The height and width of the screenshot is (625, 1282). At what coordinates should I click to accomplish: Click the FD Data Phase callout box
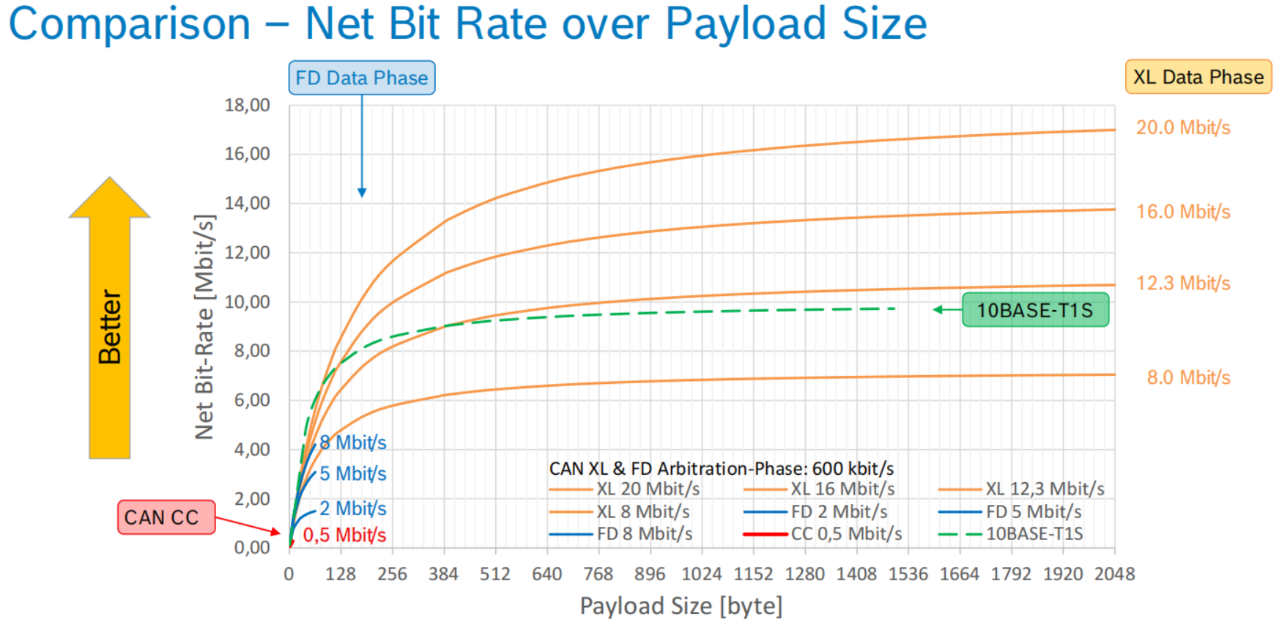pos(362,78)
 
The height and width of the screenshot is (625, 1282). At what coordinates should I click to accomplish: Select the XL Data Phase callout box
pos(1198,77)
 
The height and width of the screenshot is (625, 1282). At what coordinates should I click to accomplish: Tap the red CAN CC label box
pos(166,517)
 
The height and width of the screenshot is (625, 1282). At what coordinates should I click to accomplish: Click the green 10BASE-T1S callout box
pos(1034,310)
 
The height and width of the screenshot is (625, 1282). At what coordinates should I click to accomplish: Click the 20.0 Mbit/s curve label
pos(1182,127)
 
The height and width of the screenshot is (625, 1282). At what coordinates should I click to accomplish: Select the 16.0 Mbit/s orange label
pos(1182,212)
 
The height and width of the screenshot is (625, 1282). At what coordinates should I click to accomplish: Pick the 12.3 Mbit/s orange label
pos(1182,283)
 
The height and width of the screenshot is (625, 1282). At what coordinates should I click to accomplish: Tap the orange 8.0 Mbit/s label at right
pos(1187,377)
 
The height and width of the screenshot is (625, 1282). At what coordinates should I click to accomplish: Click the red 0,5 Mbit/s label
pos(344,535)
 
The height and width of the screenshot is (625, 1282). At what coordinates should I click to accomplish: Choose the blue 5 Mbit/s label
pos(352,473)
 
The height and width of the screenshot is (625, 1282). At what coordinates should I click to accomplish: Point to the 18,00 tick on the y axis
pos(247,105)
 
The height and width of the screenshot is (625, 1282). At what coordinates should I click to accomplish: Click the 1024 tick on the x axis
pos(701,574)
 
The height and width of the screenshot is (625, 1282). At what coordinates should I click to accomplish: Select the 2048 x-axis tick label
pos(1114,574)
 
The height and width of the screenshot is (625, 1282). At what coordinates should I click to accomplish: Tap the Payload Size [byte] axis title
pos(681,606)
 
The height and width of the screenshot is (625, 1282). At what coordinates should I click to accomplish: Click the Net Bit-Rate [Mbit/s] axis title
pos(204,327)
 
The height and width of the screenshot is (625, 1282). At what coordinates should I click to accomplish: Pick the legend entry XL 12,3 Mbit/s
pos(1044,489)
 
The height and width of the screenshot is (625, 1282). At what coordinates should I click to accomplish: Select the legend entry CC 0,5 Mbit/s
pos(845,533)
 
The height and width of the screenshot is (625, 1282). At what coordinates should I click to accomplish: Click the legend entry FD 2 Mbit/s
pos(839,511)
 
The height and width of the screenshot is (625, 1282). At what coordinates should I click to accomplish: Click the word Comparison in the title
pos(130,23)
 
